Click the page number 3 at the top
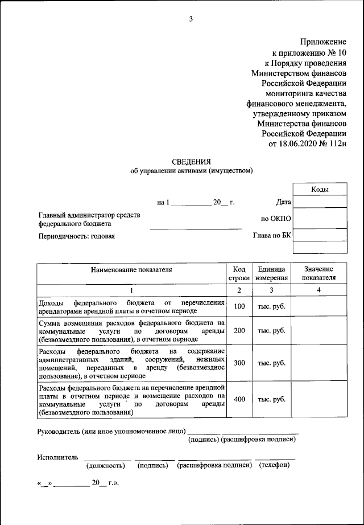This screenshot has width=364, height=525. (x=191, y=19)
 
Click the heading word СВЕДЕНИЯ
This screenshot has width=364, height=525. (x=191, y=162)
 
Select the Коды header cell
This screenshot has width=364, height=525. (x=319, y=190)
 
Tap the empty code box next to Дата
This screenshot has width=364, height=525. (x=319, y=202)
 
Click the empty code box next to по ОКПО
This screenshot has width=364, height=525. (x=319, y=218)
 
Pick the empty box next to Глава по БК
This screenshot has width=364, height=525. (x=319, y=235)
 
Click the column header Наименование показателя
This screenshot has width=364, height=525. (x=131, y=269)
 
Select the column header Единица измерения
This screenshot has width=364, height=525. (x=271, y=273)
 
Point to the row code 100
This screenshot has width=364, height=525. (x=239, y=307)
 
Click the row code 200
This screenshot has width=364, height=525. (x=239, y=331)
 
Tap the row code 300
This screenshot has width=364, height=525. (x=239, y=363)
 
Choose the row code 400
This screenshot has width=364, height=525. (x=239, y=399)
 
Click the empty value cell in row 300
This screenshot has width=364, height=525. (x=319, y=363)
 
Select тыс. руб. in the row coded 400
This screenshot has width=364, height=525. (x=271, y=399)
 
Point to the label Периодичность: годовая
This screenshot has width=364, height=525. (x=77, y=236)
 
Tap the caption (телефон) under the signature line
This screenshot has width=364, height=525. (x=275, y=465)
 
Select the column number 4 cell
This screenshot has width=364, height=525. (x=319, y=290)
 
